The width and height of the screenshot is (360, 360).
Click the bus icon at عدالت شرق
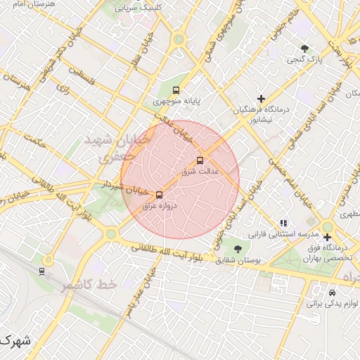pyautogui.click(x=200, y=160)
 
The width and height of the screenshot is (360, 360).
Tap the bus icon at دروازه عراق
pyautogui.click(x=159, y=195)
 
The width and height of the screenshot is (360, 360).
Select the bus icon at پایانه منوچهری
pyautogui.click(x=176, y=90)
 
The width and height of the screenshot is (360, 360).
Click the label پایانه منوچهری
pyautogui.click(x=177, y=101)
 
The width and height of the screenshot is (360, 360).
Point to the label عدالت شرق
pyautogui.click(x=201, y=171)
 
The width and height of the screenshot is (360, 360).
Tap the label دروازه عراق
pyautogui.click(x=158, y=206)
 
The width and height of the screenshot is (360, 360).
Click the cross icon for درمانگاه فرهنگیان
pyautogui.click(x=262, y=98)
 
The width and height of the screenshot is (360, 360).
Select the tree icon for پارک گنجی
pyautogui.click(x=304, y=49)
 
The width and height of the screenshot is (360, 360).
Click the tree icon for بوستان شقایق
pyautogui.click(x=238, y=249)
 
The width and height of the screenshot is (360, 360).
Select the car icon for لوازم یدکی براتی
pyautogui.click(x=332, y=292)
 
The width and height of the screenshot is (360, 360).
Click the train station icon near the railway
pyautogui.click(x=42, y=271)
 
